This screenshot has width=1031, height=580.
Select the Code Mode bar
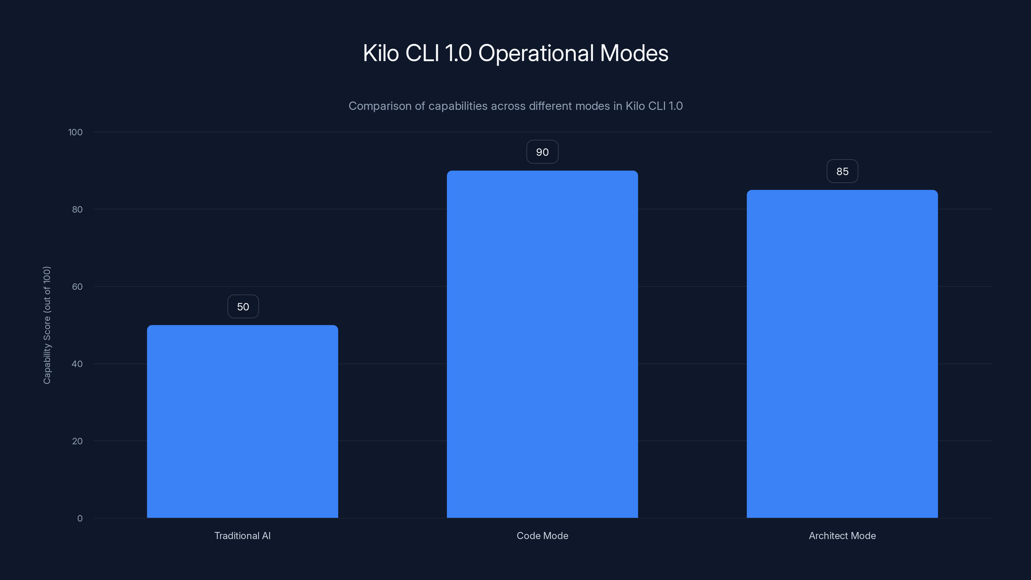pyautogui.click(x=542, y=344)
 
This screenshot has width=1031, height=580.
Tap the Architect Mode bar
pyautogui.click(x=842, y=354)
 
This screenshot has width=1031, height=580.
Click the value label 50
pyautogui.click(x=243, y=307)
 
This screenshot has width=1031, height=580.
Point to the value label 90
pyautogui.click(x=542, y=152)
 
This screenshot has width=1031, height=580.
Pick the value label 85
pyautogui.click(x=842, y=171)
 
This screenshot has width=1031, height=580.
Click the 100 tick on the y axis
pyautogui.click(x=75, y=132)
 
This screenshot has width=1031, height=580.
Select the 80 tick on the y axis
pyautogui.click(x=77, y=209)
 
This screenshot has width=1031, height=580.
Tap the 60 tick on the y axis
pyautogui.click(x=77, y=286)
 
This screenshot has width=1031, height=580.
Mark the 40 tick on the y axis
pyautogui.click(x=77, y=364)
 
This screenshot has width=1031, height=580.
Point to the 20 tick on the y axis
pyautogui.click(x=77, y=441)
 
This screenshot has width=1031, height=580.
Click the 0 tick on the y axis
pyautogui.click(x=80, y=518)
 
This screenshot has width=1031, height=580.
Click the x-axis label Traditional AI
pyautogui.click(x=242, y=536)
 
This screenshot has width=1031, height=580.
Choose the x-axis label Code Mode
pyautogui.click(x=542, y=536)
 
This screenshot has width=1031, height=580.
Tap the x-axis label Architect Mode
pyautogui.click(x=842, y=536)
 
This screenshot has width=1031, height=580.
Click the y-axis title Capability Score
pyautogui.click(x=47, y=325)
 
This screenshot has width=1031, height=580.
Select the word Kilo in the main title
pyautogui.click(x=381, y=53)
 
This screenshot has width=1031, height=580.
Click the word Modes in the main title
pyautogui.click(x=634, y=53)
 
